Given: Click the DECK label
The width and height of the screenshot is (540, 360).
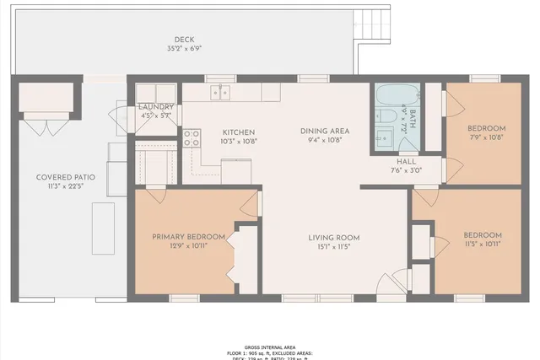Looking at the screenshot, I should point(184,40).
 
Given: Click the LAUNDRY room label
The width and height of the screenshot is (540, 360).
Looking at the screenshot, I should point(156,107).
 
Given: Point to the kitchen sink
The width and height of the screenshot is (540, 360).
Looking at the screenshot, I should point(221,92).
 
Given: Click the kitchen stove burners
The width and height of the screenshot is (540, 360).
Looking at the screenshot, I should point(192,137).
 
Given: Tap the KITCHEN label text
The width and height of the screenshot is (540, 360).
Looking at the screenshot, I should point(239,132).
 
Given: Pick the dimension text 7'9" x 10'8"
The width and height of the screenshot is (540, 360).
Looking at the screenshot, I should point(487,137).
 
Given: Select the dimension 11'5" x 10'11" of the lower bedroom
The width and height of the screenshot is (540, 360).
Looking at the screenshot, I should point(483,245).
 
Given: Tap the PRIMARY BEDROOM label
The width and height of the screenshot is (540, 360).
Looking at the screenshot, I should point(188,236).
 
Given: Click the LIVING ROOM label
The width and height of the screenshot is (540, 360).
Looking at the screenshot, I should point(333,237).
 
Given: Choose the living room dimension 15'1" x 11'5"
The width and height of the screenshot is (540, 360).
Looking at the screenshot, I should point(333,247).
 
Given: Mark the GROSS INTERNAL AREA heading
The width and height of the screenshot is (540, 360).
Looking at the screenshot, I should point(269,347).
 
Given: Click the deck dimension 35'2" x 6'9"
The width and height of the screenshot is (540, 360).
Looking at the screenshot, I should point(184,49).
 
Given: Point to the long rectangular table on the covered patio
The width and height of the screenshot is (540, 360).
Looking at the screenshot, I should point(103,227).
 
